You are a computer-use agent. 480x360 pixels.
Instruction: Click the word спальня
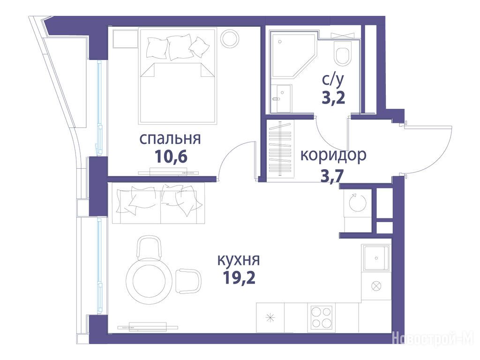click(170, 139)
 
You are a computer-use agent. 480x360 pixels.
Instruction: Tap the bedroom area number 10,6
click(171, 157)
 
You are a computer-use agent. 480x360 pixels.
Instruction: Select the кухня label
click(239, 260)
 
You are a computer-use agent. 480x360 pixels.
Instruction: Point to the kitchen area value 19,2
click(239, 278)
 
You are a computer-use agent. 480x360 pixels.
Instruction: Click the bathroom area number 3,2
click(333, 98)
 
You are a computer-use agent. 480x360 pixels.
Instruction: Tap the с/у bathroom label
click(333, 80)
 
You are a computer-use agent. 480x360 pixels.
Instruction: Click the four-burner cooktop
click(321, 317)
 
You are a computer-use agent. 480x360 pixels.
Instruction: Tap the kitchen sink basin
click(376, 258)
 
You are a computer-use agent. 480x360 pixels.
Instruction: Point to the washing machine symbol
click(358, 202)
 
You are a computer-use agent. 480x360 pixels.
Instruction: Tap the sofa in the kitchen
click(158, 203)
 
